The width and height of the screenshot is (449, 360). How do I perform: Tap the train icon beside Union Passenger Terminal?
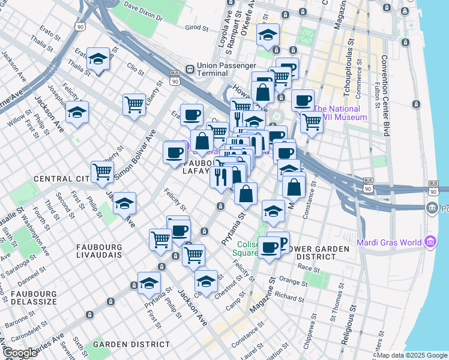[x=190, y=68]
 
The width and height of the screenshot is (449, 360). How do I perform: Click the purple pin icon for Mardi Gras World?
[x=430, y=242]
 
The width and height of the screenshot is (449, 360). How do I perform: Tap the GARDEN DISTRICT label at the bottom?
[x=131, y=344]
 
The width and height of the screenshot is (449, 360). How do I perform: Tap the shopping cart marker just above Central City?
[x=103, y=172]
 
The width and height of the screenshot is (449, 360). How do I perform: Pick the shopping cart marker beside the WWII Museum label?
[x=312, y=121]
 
